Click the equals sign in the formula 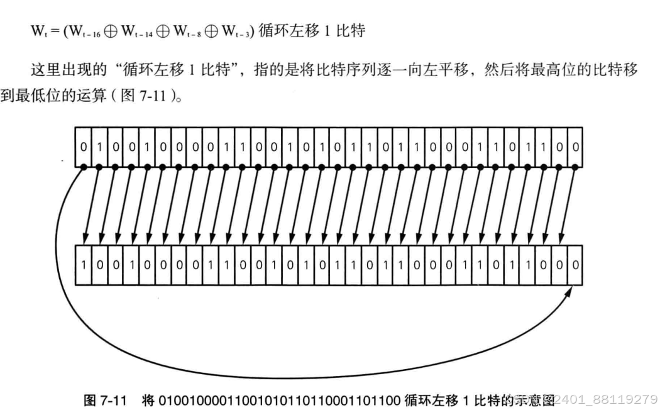click(x=53, y=30)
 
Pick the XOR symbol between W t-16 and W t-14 click(x=113, y=30)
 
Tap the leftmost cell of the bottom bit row click(x=83, y=265)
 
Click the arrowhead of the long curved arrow click(x=571, y=291)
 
